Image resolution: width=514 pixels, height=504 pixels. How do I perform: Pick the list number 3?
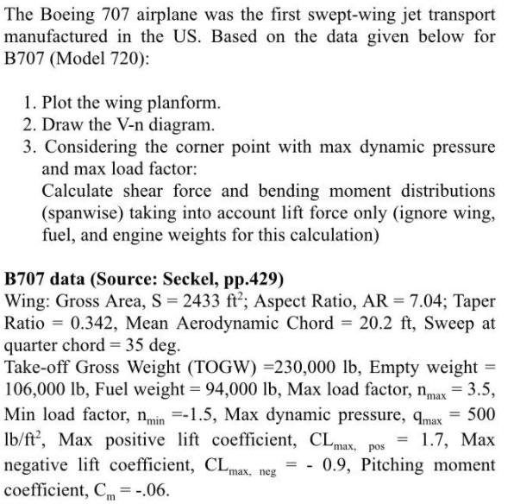[x=30, y=147]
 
